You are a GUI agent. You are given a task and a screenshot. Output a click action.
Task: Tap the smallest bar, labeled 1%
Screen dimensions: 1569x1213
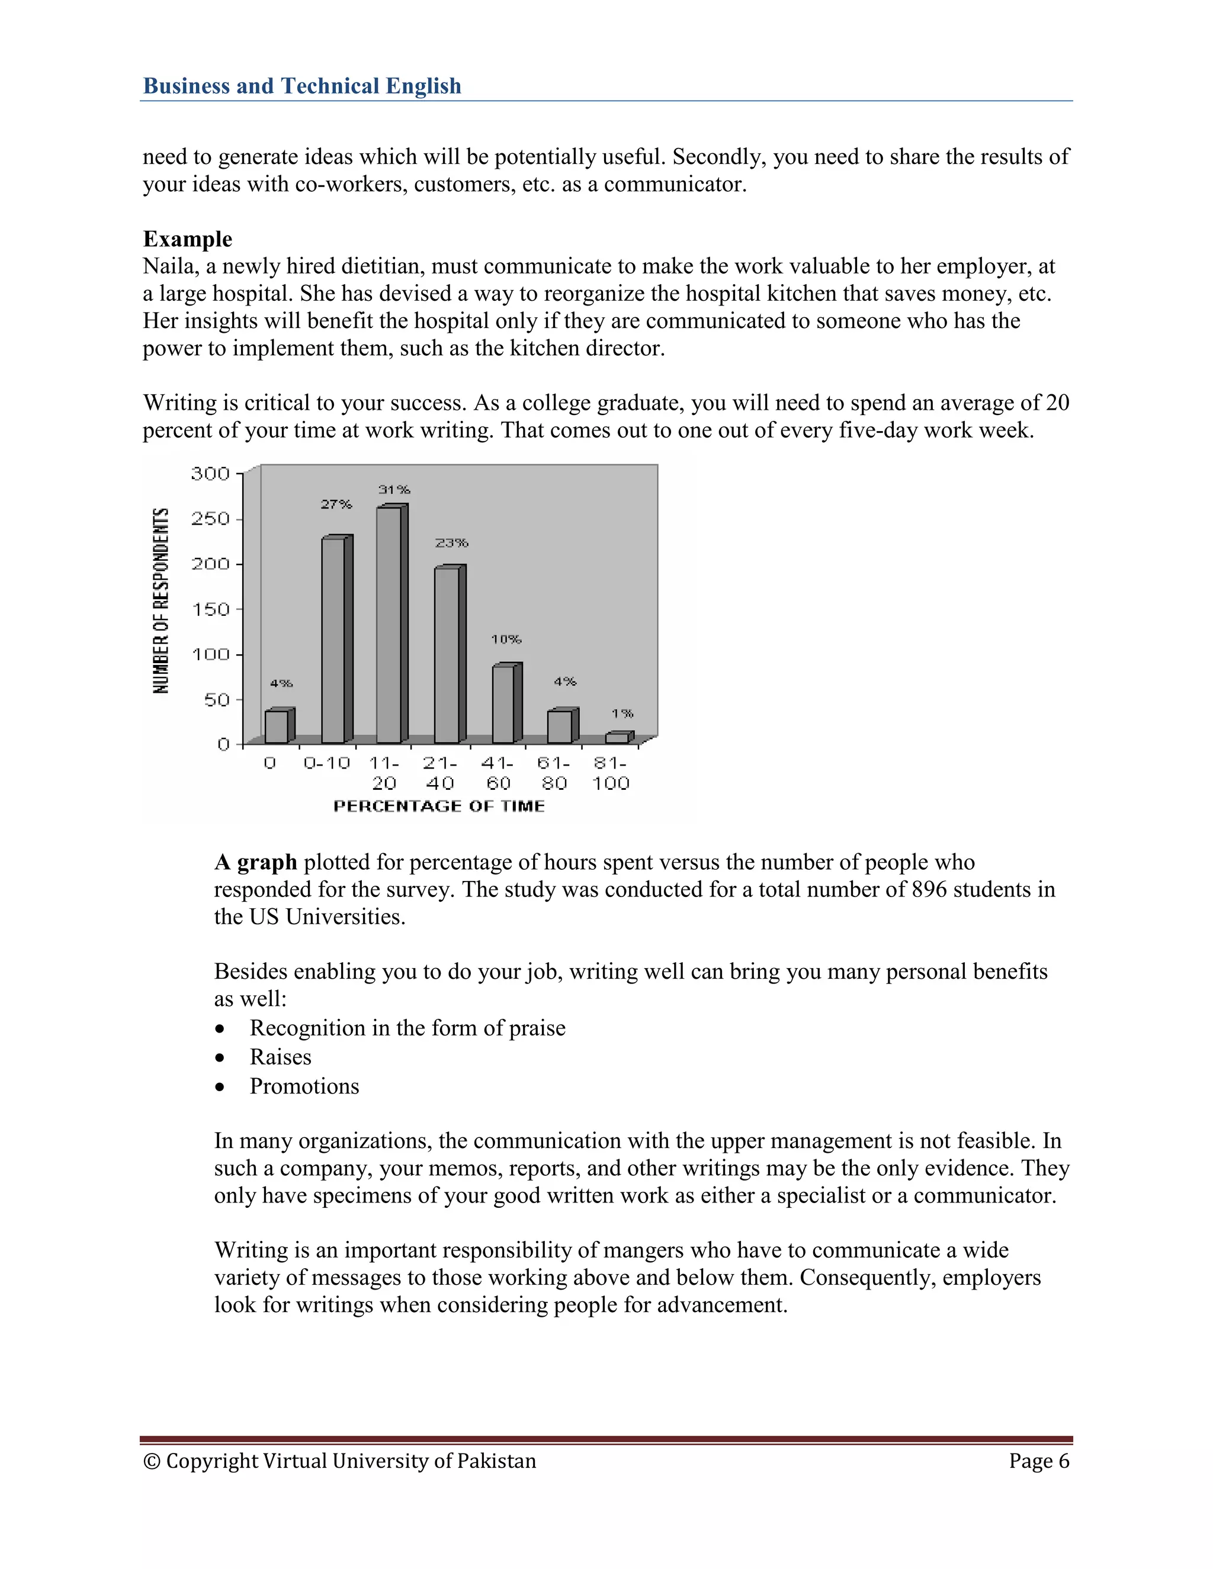click(617, 738)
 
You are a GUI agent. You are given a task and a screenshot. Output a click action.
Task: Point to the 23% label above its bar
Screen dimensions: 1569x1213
click(451, 543)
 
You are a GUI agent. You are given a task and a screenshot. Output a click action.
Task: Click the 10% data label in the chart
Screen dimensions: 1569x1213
click(506, 639)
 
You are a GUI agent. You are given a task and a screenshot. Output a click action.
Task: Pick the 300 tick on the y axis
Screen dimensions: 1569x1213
click(210, 474)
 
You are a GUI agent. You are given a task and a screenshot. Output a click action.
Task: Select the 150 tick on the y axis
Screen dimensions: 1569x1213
click(210, 609)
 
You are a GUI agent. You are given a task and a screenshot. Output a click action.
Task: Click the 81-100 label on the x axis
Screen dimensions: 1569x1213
click(610, 773)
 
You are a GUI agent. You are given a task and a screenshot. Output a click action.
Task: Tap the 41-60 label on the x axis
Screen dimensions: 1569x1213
click(498, 773)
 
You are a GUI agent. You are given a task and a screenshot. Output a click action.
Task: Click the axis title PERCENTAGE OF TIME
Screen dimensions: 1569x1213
click(439, 806)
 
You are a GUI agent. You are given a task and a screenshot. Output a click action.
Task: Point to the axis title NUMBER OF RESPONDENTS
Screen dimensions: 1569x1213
click(161, 600)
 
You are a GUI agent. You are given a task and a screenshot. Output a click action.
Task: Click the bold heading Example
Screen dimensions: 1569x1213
click(188, 239)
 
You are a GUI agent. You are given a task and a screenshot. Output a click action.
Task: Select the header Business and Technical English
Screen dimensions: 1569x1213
click(302, 86)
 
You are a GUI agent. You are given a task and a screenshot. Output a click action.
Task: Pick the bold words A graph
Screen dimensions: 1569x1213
click(256, 862)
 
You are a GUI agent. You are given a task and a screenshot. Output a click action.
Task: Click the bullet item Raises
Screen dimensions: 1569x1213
click(280, 1057)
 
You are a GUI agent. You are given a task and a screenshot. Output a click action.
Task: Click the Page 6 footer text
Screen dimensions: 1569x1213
click(1038, 1461)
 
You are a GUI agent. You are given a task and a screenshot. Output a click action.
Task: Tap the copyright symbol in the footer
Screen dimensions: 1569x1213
click(152, 1461)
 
